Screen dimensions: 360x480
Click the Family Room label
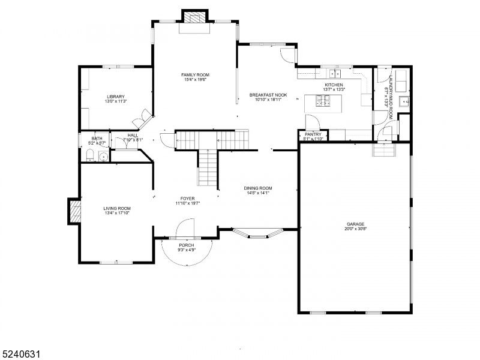196,75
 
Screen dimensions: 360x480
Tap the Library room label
116,97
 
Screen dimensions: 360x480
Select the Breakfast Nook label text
268,95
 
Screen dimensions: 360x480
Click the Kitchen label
334,85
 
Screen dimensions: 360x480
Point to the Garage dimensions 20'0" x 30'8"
355,229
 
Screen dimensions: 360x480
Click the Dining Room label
259,188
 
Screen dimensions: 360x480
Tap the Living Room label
117,208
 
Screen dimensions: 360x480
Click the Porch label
187,245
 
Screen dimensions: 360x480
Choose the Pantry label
313,134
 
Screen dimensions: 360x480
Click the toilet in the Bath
89,157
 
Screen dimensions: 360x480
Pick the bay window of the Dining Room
257,235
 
